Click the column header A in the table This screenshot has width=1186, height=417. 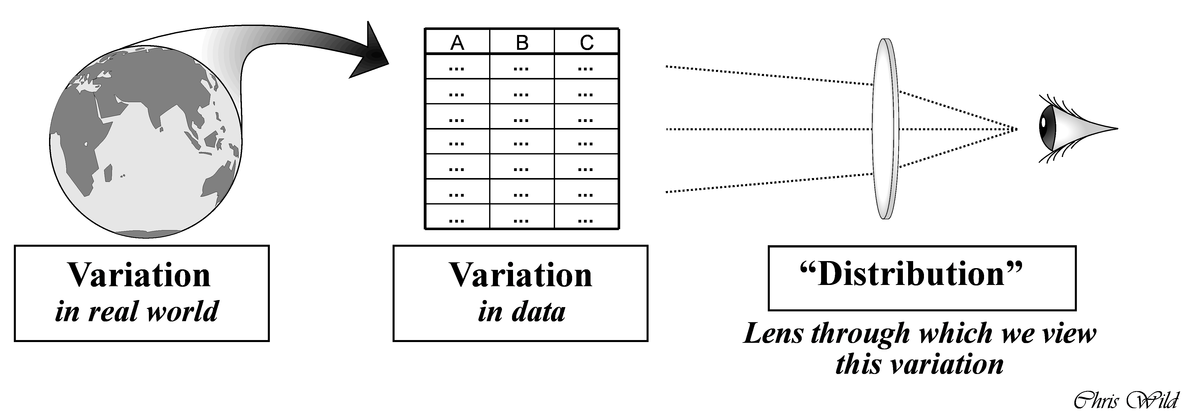click(457, 42)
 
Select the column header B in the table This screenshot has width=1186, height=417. click(522, 42)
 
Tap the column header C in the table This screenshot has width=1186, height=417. click(586, 42)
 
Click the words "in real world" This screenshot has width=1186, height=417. click(137, 312)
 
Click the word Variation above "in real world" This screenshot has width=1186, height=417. click(139, 275)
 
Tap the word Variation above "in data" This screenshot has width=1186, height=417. click(521, 275)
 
